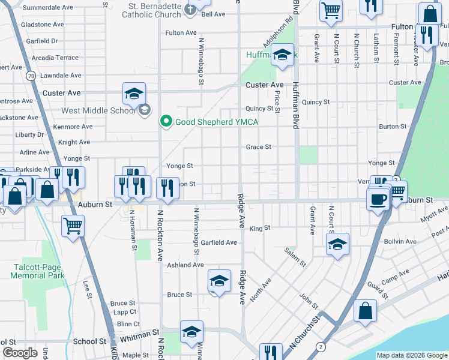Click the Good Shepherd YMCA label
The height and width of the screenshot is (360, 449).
point(216,122)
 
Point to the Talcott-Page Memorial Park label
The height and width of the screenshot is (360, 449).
point(38,271)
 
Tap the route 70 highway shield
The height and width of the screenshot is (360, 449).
point(30,76)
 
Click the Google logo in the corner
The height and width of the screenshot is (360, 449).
point(20,353)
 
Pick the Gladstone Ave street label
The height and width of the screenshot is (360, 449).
point(42,25)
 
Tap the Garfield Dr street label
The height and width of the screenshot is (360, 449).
point(42,41)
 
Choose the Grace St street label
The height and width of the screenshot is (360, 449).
point(259,147)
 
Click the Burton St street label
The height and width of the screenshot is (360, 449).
point(393,127)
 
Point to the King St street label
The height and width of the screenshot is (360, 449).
point(260,229)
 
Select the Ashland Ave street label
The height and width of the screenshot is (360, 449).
point(185,265)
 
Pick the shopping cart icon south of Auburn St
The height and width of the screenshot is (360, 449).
point(73,226)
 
